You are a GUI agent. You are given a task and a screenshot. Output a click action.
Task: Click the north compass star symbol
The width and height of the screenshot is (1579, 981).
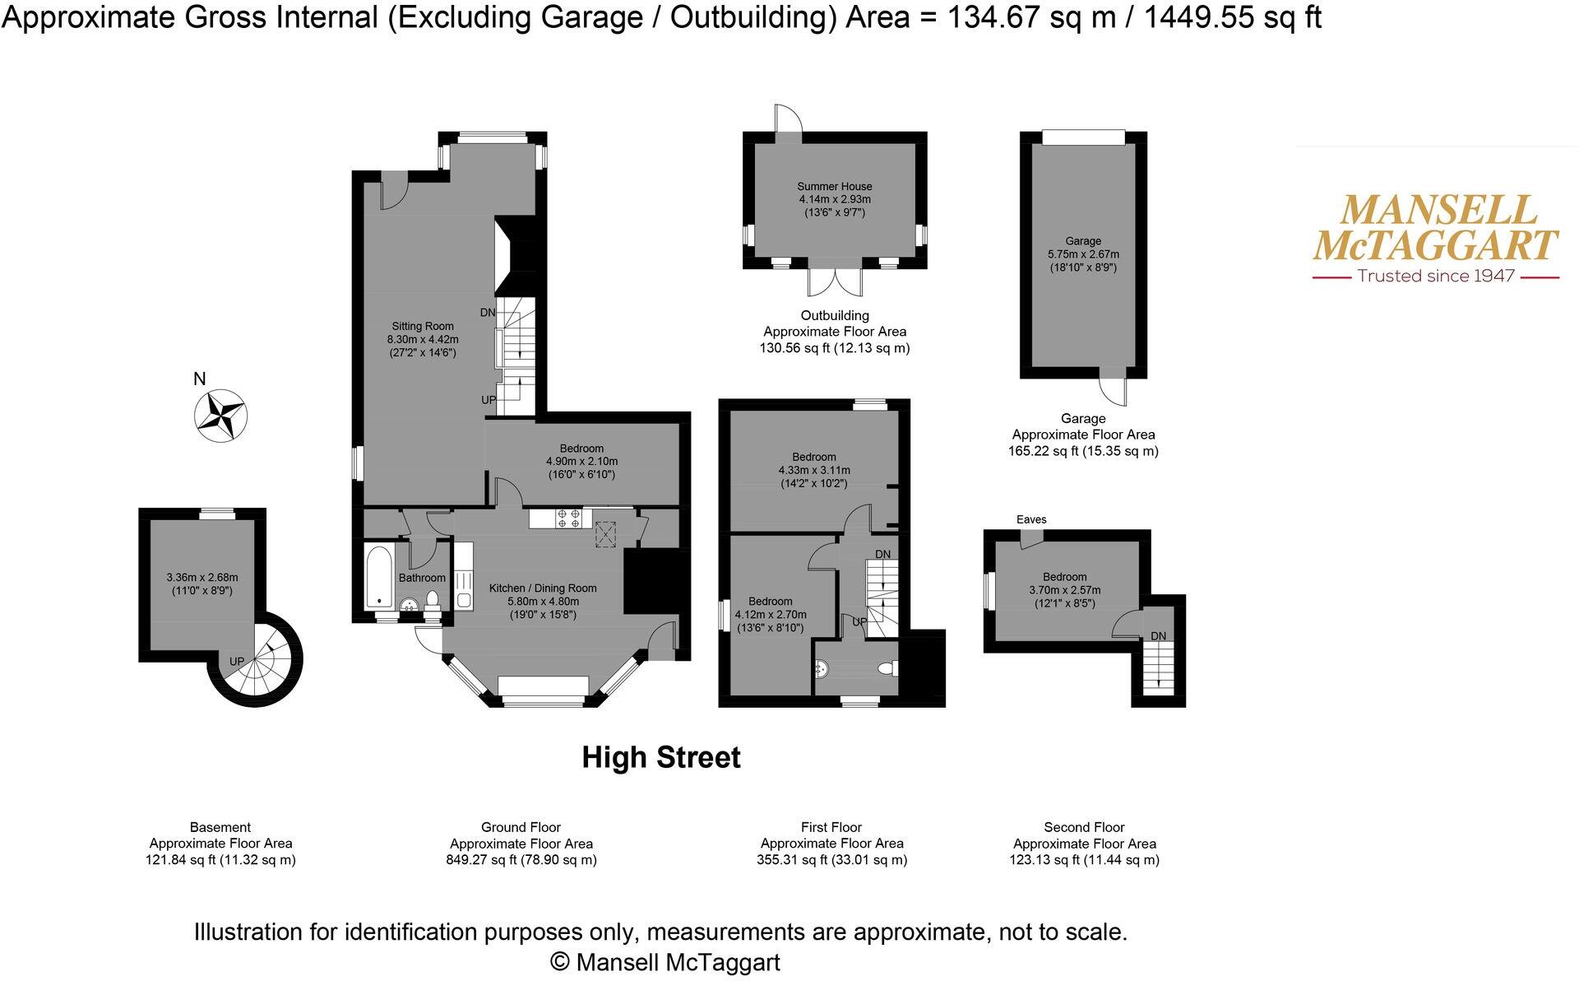click(x=220, y=416)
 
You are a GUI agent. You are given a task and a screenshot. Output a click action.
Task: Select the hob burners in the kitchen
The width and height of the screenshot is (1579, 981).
click(x=568, y=518)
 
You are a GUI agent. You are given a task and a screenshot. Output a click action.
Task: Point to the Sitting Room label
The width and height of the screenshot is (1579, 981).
click(x=423, y=327)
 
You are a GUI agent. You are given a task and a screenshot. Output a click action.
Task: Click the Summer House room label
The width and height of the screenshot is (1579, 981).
click(x=834, y=187)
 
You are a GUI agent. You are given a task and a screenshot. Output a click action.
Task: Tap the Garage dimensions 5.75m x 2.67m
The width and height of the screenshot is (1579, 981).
click(x=1082, y=254)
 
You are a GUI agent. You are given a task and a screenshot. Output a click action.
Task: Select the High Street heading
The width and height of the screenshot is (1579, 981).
click(x=661, y=757)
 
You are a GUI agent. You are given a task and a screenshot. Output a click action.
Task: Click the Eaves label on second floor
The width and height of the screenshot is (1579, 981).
click(x=1030, y=519)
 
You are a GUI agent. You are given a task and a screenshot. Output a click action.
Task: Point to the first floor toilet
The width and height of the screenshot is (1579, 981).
click(x=887, y=669)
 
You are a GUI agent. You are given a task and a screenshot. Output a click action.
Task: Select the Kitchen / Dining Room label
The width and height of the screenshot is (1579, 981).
click(x=543, y=588)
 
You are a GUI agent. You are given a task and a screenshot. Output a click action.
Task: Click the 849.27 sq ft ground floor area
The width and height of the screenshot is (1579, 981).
click(x=479, y=860)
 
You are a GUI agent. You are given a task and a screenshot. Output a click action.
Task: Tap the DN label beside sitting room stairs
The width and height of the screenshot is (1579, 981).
click(x=487, y=313)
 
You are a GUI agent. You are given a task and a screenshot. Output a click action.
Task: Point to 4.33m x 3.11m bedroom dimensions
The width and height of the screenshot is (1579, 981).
click(x=814, y=471)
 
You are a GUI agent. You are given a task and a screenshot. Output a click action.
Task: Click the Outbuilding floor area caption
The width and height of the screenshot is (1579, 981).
click(x=834, y=332)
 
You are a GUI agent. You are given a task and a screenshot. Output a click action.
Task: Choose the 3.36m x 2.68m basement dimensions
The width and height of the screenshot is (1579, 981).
click(x=201, y=578)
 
